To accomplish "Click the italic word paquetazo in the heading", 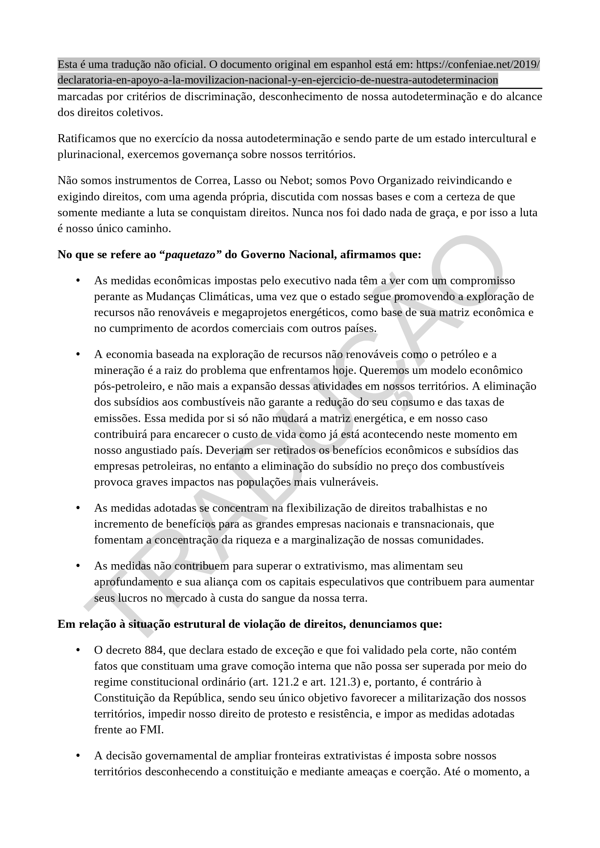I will (x=190, y=255).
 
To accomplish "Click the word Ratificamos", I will (x=86, y=139).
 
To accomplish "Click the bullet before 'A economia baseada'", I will (x=78, y=354).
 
